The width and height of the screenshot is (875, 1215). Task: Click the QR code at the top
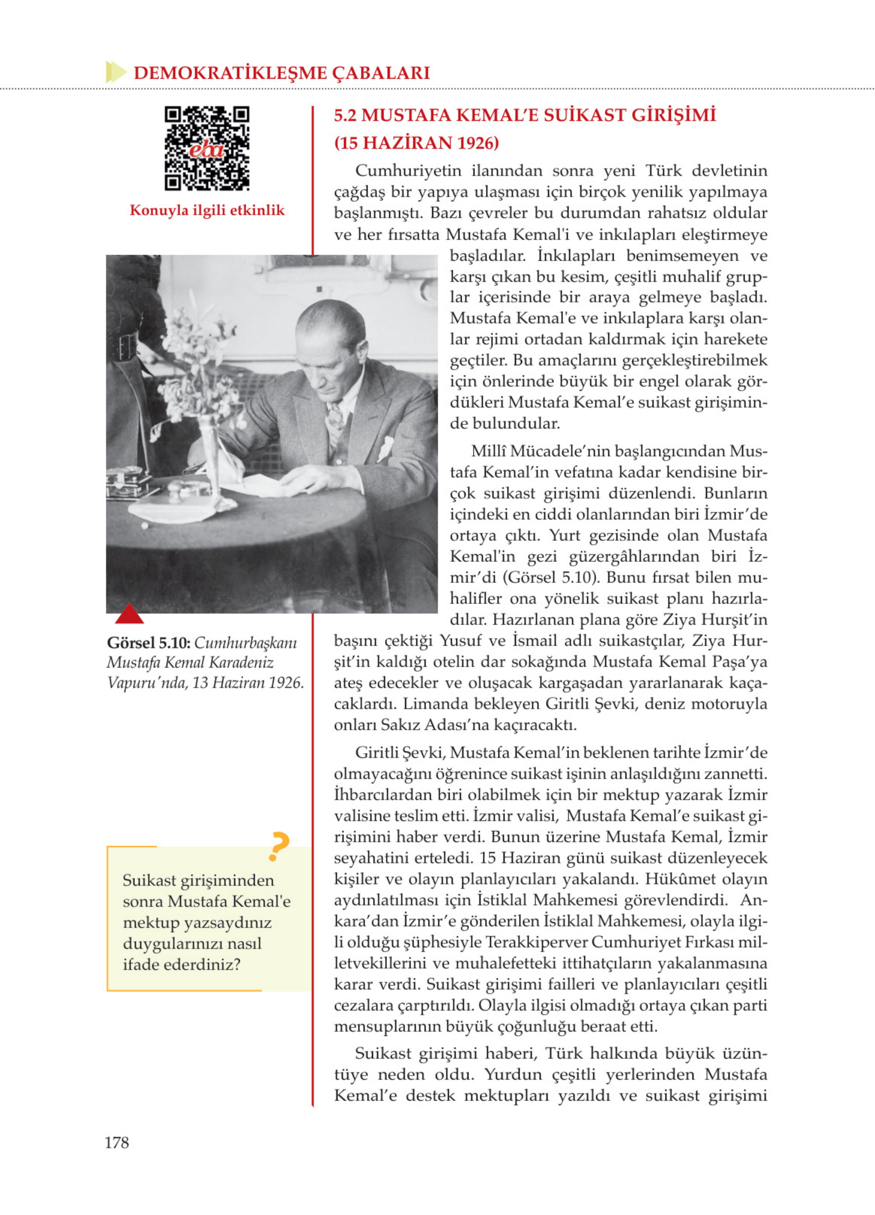[x=207, y=148]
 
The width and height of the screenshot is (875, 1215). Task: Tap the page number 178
[x=117, y=1143]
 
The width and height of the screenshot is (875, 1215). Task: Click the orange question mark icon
[x=279, y=847]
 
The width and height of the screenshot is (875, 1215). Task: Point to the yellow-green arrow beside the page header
[x=116, y=72]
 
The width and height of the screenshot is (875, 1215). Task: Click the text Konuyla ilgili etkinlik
[x=207, y=210]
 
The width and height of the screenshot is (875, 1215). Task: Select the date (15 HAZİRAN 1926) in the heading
[x=416, y=143]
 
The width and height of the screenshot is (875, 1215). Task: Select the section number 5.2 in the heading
[x=345, y=115]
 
